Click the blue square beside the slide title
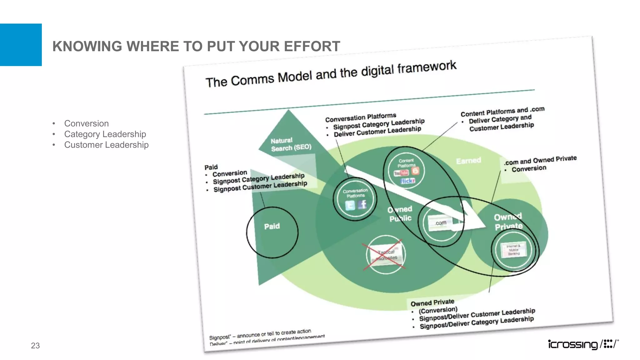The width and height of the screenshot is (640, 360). (21, 45)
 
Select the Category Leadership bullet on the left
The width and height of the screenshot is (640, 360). (105, 134)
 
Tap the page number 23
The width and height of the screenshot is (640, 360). (35, 345)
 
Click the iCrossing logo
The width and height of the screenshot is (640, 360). (583, 344)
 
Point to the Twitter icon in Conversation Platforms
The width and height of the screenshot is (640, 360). (350, 205)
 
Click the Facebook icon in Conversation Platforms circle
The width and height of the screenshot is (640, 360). (362, 204)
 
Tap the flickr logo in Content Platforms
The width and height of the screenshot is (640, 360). (408, 181)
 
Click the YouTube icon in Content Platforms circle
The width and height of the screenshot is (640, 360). (402, 173)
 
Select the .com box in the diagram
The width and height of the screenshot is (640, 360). (440, 223)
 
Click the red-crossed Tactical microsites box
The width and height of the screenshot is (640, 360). (386, 255)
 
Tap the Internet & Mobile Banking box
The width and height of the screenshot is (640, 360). (513, 250)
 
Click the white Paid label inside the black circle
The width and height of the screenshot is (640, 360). (272, 226)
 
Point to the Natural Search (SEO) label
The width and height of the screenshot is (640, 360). (291, 144)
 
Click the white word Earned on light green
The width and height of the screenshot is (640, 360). (468, 161)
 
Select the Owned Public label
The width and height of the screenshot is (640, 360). (400, 214)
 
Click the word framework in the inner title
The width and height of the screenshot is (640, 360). (427, 68)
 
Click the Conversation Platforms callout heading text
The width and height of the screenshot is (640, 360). (360, 117)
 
